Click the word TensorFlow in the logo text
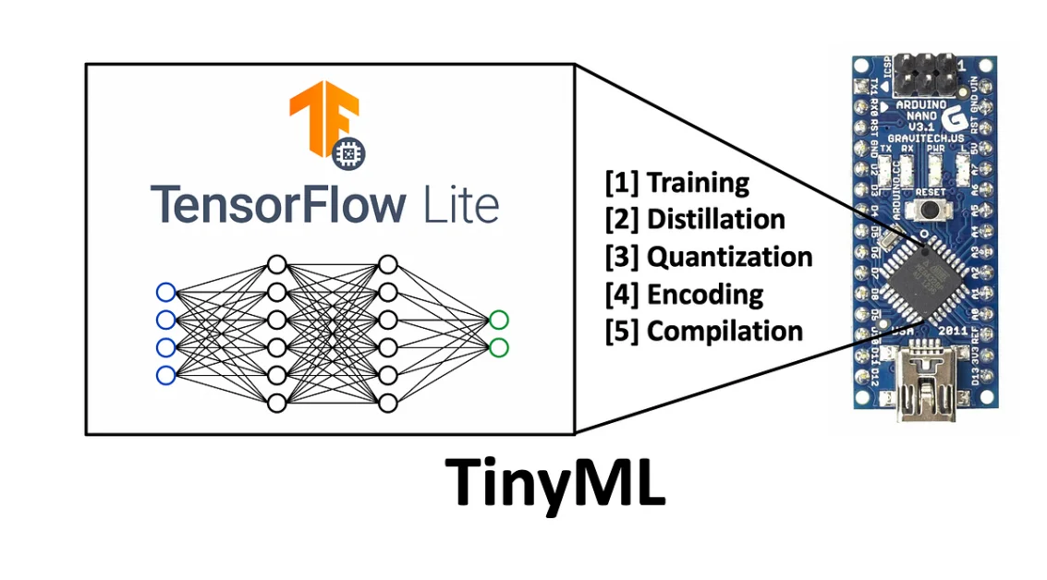coord(277,204)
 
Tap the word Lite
coord(460,204)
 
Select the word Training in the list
coord(698,182)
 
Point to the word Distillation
coord(716,219)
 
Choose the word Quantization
coord(730,256)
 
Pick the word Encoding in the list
coord(705,294)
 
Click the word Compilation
coord(724,331)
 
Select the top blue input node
coord(165,293)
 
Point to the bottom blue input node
coord(165,375)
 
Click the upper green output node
coord(499,320)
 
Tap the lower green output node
coord(499,347)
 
